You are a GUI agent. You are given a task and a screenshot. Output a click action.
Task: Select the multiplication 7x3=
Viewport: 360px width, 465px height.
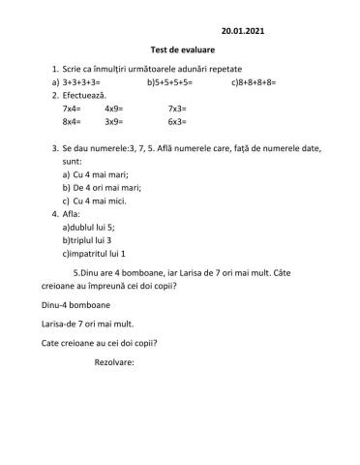177,109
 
